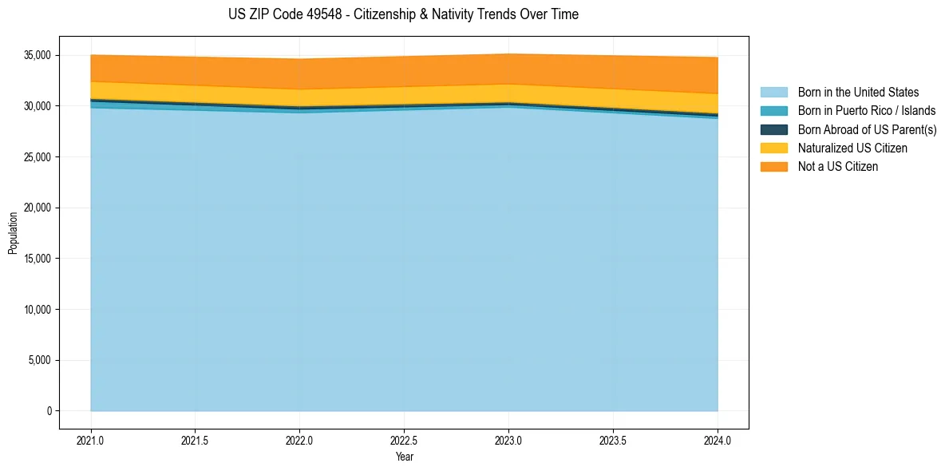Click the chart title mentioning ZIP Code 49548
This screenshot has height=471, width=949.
click(403, 14)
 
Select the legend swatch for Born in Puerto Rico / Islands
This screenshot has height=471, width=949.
click(773, 111)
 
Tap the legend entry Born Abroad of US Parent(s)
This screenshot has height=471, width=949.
click(867, 129)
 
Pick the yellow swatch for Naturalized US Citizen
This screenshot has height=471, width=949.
click(773, 148)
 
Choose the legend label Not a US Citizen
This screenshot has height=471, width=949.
click(837, 166)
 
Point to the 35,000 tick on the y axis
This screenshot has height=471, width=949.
click(38, 55)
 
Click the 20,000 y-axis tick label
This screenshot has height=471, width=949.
click(38, 208)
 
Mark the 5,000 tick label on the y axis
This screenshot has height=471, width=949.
click(40, 360)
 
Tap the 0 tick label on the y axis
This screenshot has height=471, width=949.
click(49, 411)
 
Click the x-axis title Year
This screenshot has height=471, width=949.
click(404, 457)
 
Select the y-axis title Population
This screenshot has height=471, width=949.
click(13, 233)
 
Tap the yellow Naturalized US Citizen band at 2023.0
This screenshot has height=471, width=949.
click(508, 93)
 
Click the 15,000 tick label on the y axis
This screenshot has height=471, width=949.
click(38, 259)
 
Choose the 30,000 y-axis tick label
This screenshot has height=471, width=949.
click(38, 106)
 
